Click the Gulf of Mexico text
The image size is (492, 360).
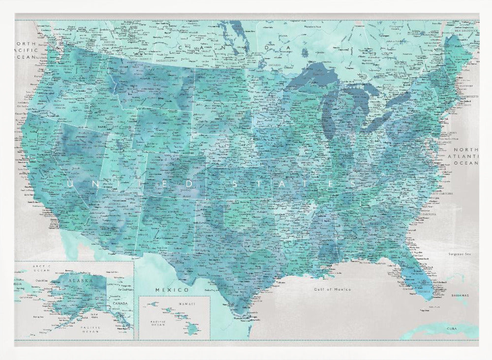[x=333, y=290]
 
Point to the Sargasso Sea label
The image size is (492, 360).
[x=460, y=254]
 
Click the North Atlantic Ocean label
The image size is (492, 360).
[x=465, y=156]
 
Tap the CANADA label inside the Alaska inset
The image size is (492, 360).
[x=120, y=303]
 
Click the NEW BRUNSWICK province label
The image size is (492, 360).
[x=464, y=31]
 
